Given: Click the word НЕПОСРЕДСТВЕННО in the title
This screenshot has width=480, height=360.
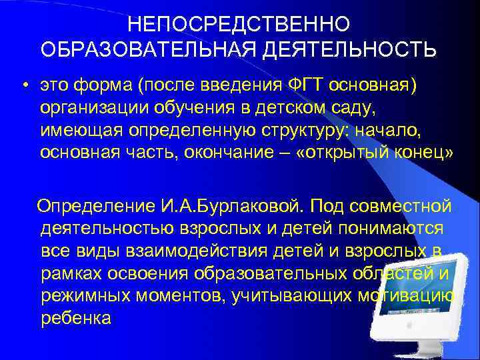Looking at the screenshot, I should pos(239,24).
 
